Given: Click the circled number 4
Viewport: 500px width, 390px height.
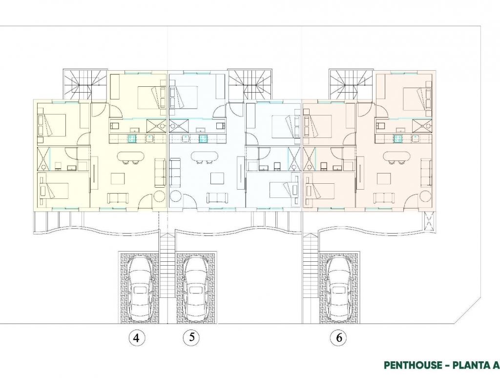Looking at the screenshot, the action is (137, 337).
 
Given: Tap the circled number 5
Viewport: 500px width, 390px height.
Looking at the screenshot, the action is (191, 337).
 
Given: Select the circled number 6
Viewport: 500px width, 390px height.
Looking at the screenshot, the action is (339, 337).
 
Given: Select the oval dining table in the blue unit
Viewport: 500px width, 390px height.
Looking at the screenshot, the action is (205, 156).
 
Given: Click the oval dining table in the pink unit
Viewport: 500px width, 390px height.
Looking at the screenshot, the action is (396, 156).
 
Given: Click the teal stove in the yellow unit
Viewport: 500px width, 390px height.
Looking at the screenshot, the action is (132, 138).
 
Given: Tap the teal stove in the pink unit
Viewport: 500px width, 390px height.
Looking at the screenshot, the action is (397, 138).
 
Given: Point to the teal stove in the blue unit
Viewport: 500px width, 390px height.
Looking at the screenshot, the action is (203, 138).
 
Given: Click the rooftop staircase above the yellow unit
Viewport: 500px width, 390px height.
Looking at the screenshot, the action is (85, 85).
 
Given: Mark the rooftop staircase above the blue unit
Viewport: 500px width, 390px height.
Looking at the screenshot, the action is (250, 85).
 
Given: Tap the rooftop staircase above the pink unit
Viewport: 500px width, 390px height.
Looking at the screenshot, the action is (351, 85).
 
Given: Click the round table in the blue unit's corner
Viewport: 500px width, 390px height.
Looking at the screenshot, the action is (176, 196).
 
